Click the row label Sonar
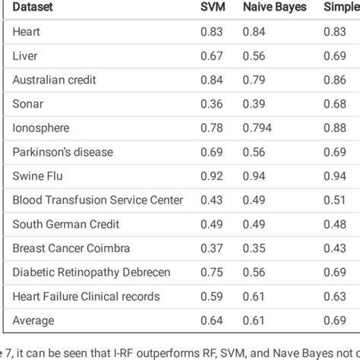27,104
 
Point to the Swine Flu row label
38,176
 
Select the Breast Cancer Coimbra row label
71,248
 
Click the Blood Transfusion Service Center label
97,200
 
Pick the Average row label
34,321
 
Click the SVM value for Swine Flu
211,176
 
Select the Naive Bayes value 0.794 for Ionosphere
257,128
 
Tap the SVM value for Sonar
211,104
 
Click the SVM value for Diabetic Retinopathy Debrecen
211,273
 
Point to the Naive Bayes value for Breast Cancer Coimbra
254,248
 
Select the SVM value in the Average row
211,321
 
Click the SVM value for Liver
211,56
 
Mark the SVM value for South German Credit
211,224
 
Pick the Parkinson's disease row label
62,152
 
